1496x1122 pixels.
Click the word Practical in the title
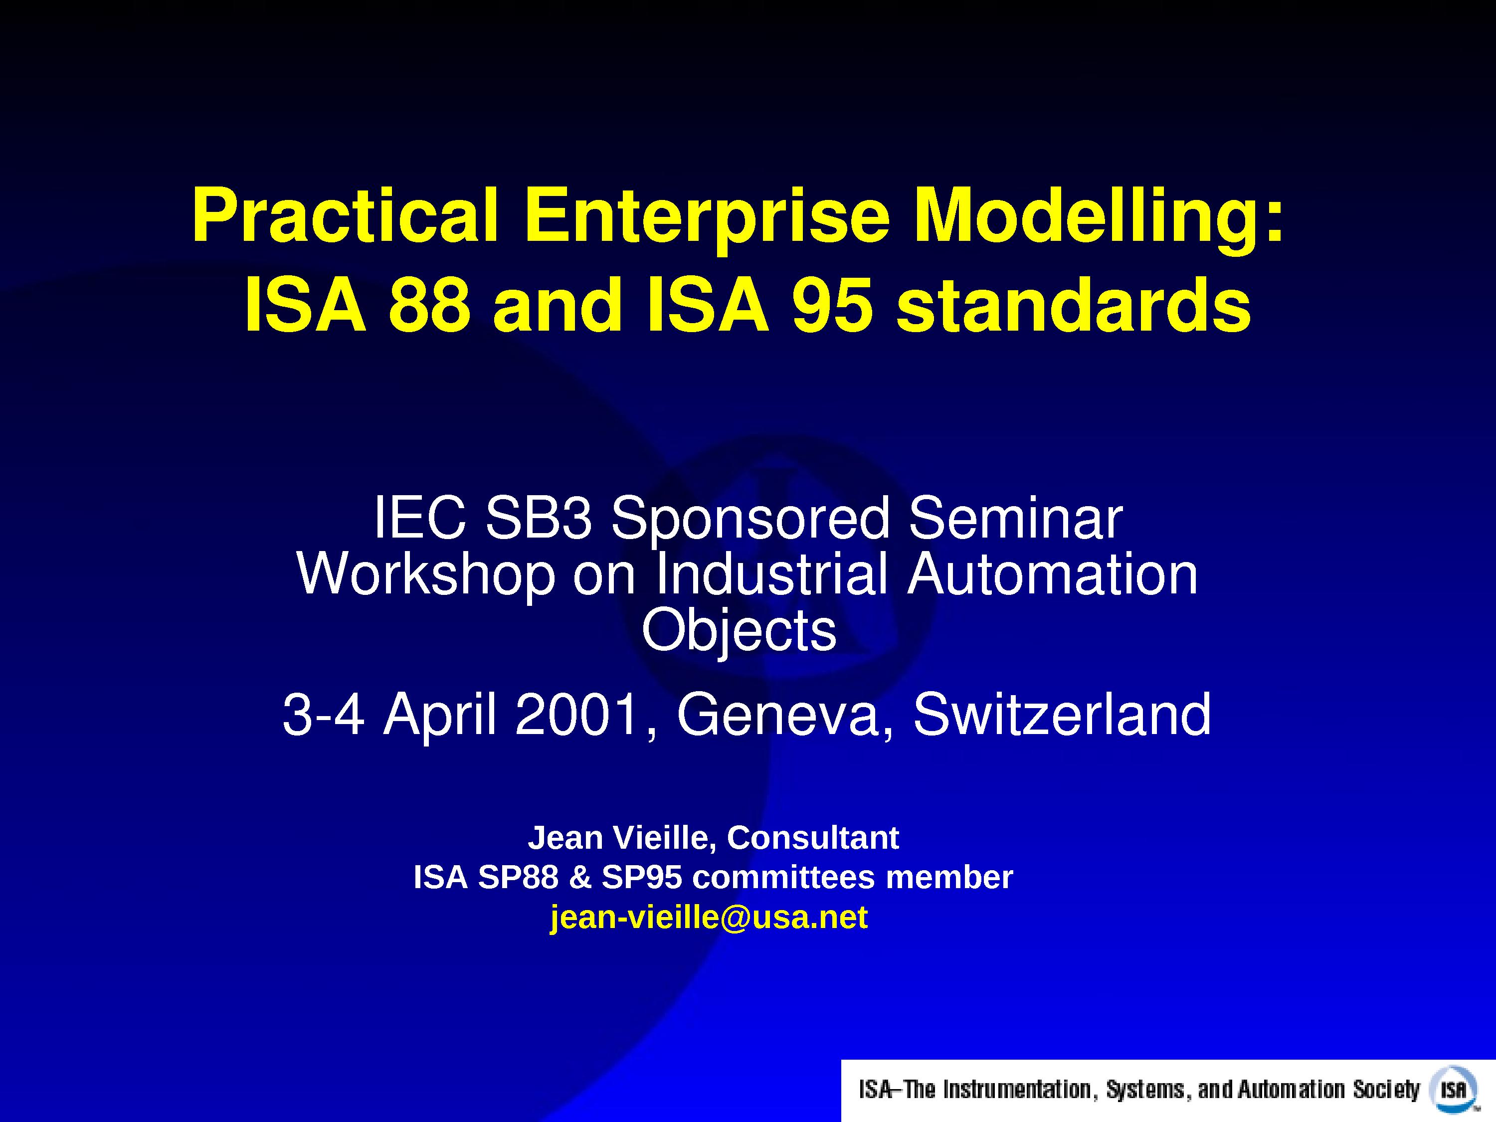(x=346, y=216)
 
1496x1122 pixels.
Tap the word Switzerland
(x=1062, y=715)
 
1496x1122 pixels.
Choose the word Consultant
(x=813, y=838)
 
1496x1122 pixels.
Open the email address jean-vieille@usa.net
(x=709, y=918)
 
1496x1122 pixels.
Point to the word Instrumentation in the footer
(x=1017, y=1090)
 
